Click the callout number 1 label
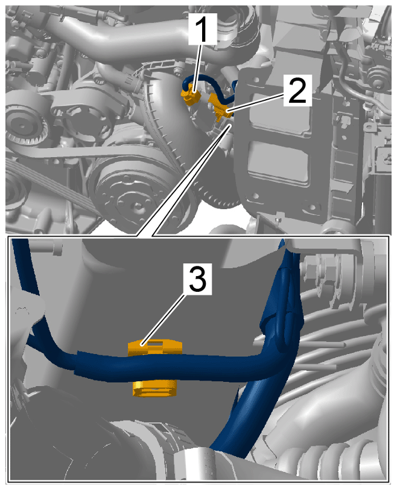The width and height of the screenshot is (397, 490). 203,28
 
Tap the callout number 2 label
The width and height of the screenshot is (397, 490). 297,90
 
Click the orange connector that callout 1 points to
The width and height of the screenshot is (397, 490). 191,97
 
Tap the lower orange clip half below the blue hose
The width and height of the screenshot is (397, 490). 155,388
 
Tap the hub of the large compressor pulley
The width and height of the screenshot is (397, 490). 136,205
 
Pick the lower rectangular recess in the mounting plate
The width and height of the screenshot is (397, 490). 277,163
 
